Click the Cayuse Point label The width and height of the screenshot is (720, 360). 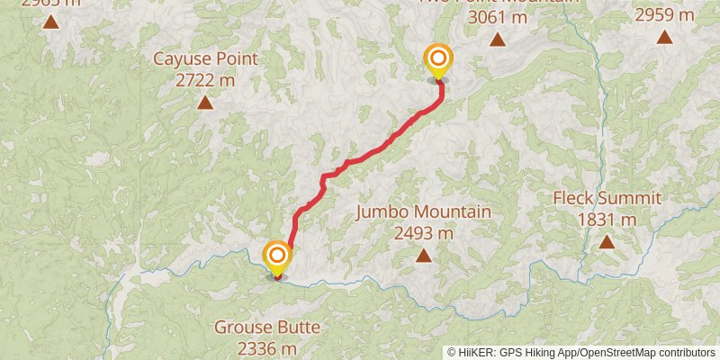click(205, 59)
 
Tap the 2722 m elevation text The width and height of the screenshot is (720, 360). click(205, 79)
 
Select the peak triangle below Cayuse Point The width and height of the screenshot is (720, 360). click(205, 103)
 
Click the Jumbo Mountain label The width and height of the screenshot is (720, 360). click(423, 212)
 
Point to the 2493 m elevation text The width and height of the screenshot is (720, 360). click(423, 232)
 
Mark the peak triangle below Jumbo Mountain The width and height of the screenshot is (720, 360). click(423, 256)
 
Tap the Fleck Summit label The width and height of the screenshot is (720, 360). click(607, 198)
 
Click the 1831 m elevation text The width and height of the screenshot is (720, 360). click(607, 219)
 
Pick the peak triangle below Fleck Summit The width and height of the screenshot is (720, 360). click(607, 242)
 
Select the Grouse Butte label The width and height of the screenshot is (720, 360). click(266, 327)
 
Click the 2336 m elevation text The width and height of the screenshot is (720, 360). click(266, 347)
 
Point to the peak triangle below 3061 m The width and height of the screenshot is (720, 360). click(498, 40)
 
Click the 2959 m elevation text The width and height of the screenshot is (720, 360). click(664, 14)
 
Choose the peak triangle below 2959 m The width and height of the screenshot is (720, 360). click(664, 37)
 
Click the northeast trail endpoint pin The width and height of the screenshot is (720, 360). click(437, 61)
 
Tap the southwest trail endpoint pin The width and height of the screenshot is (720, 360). click(276, 257)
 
